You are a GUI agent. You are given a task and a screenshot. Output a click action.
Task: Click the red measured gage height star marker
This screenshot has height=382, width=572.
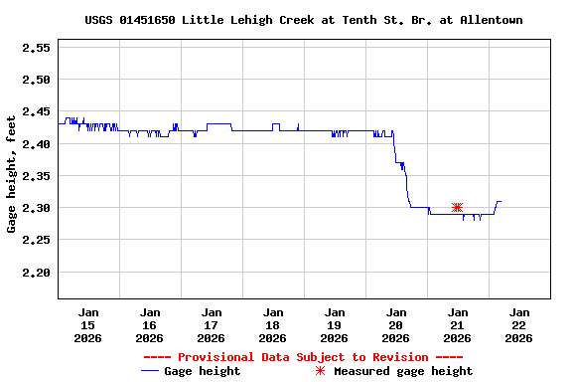point(457,207)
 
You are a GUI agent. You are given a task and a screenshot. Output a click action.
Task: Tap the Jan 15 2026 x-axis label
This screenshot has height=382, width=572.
point(88,324)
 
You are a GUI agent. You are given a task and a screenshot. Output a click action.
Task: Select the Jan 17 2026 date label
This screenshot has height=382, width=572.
point(212,324)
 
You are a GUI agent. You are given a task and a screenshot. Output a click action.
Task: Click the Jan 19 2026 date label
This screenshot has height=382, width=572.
point(335,324)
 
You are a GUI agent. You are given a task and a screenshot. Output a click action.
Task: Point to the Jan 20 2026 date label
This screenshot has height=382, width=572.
point(396,324)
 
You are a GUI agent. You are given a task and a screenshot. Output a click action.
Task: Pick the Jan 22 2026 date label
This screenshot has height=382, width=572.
point(519,324)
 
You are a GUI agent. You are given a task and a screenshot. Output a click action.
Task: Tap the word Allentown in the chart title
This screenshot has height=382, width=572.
point(492,20)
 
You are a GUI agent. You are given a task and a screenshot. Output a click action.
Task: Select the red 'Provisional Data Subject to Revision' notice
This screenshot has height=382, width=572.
point(303,357)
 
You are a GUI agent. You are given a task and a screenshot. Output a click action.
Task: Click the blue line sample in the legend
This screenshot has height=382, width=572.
point(150,371)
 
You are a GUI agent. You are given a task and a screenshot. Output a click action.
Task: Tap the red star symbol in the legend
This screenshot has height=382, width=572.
point(320,371)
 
